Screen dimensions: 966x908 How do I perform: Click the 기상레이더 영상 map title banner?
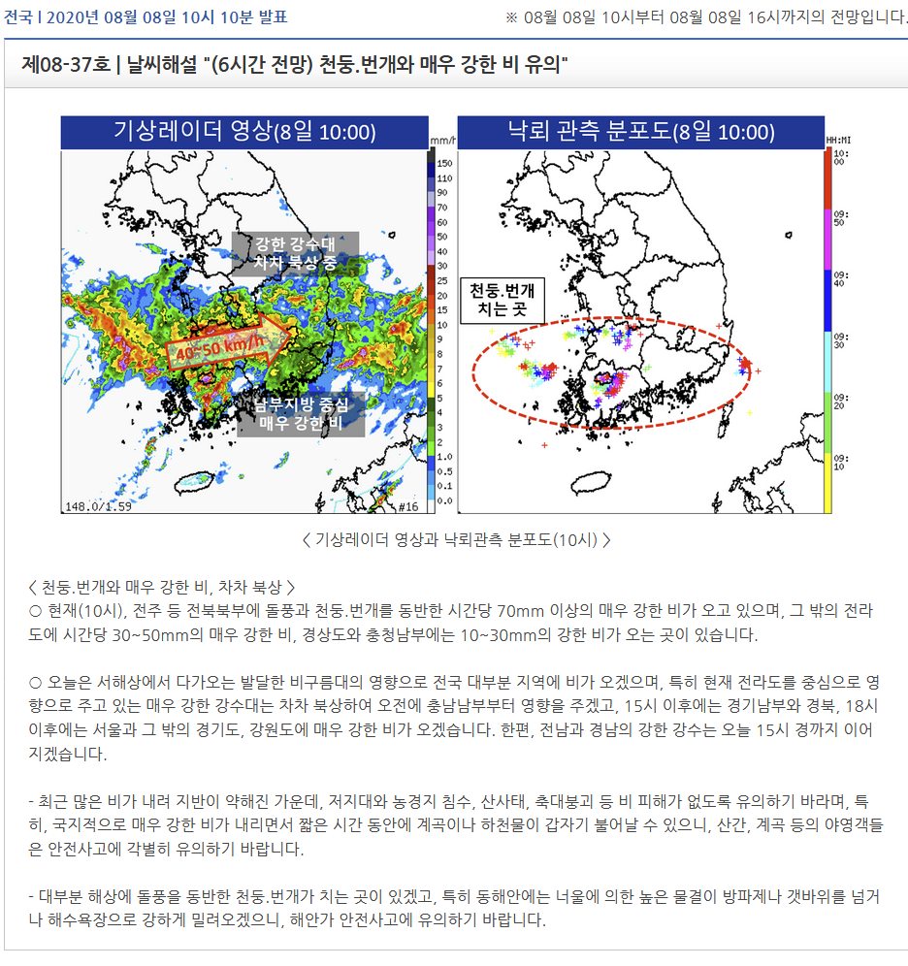pos(244,132)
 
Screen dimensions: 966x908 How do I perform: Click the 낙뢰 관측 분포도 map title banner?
pos(640,132)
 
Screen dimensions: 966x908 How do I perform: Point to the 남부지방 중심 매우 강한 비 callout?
pos(301,413)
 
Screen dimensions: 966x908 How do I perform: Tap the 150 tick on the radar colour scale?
pos(444,165)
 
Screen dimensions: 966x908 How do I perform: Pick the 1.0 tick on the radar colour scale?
pos(443,457)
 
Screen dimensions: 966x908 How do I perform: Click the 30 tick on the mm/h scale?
pos(443,266)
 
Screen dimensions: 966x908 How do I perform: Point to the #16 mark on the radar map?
pos(407,506)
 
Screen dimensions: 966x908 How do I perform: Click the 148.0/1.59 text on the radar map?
pos(98,506)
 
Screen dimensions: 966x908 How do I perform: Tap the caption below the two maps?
pos(456,539)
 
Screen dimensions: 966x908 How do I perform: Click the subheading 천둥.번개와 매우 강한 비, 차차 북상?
pos(161,589)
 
